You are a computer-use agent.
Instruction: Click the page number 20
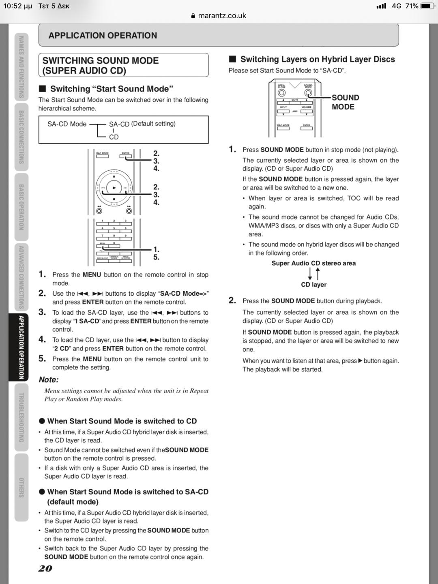[x=45, y=569]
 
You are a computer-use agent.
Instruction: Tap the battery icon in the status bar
[x=427, y=6]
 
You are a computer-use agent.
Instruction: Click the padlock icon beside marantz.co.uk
[x=193, y=16]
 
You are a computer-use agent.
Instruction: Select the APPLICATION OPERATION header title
[x=103, y=36]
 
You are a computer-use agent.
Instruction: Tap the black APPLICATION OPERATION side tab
[x=21, y=348]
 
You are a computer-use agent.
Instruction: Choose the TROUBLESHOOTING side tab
[x=21, y=417]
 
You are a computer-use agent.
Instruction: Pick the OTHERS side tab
[x=21, y=487]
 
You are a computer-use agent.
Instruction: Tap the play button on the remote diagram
[x=114, y=188]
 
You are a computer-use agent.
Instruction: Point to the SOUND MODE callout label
[x=345, y=102]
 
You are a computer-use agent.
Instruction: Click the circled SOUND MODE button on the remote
[x=308, y=93]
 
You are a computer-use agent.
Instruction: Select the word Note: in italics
[x=49, y=380]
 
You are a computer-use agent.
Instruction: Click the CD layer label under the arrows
[x=313, y=285]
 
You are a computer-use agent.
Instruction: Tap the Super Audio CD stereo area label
[x=313, y=263]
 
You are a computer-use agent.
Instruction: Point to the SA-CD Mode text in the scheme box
[x=67, y=124]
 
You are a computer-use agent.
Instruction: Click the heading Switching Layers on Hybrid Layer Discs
[x=317, y=60]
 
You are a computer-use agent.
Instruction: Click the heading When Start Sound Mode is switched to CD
[x=122, y=421]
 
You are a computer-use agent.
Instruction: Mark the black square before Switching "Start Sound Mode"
[x=42, y=89]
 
